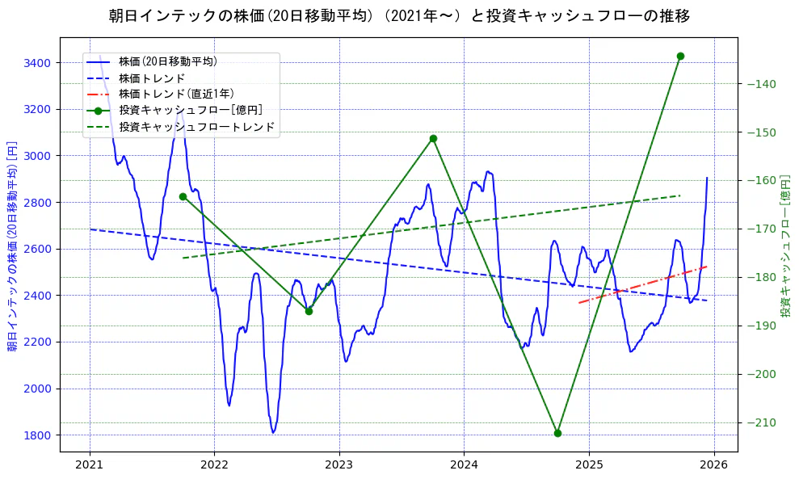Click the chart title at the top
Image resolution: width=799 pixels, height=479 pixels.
(x=399, y=15)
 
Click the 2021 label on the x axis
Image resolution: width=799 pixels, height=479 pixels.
(x=90, y=464)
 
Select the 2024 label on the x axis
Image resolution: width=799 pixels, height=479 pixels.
(x=464, y=464)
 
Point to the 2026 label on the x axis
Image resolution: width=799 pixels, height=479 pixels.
(x=713, y=464)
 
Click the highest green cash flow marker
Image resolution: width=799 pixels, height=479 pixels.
(x=680, y=56)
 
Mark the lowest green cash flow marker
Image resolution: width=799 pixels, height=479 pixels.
(x=557, y=433)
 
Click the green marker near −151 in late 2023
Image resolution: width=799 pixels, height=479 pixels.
(x=433, y=138)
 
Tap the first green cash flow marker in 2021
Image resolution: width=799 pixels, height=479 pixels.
(x=183, y=196)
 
